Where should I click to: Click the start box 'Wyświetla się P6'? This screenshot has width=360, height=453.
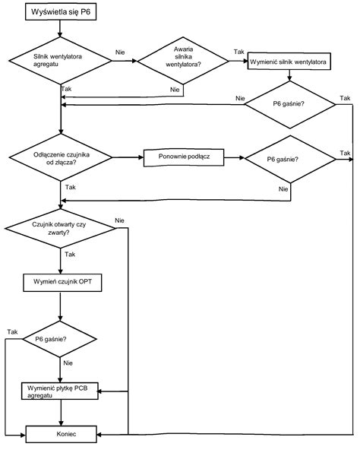coord(61,12)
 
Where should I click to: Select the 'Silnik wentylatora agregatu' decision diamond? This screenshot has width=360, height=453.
coord(60,61)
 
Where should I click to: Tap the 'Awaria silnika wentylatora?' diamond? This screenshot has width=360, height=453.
coord(183,61)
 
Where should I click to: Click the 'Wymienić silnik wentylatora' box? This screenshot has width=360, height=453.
coord(289,62)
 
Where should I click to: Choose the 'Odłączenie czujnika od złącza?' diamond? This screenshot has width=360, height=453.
coord(61,157)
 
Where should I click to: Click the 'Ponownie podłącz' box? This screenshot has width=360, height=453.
coord(184,157)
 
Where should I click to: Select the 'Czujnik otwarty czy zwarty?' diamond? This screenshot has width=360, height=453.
coord(60,228)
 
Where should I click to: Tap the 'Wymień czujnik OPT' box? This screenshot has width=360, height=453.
coord(62,283)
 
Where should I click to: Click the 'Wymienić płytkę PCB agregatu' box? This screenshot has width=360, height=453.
coord(60,391)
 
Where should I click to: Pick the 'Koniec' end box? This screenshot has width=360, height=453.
coord(62,434)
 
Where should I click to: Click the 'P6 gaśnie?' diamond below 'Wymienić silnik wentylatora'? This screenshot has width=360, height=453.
coord(290,105)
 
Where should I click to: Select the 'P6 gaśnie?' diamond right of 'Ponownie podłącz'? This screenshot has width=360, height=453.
coord(290,159)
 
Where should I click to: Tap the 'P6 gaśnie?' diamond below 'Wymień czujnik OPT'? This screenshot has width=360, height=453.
coord(60,339)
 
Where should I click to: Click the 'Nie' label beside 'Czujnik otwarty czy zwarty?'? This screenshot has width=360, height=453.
coord(119,220)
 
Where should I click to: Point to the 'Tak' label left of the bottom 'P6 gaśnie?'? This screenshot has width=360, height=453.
coord(12,331)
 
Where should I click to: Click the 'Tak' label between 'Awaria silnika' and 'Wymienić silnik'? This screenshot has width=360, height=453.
coord(238,52)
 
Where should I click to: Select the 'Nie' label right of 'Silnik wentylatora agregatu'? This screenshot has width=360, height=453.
coord(120,52)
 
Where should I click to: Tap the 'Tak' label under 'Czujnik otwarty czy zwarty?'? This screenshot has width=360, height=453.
coord(70,254)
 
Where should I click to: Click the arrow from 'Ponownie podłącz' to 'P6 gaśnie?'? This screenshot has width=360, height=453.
coord(234,158)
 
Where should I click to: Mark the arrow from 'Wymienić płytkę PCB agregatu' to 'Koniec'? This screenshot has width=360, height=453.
coord(61,413)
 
